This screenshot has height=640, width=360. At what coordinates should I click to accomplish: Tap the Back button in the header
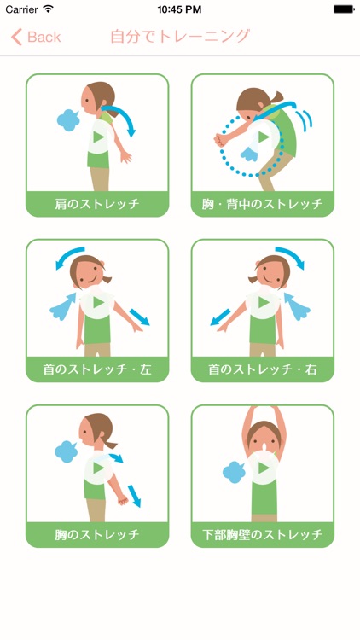[36, 37]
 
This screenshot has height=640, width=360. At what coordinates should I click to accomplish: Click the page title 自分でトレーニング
[180, 37]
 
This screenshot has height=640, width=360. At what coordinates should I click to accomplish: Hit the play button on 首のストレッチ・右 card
[263, 302]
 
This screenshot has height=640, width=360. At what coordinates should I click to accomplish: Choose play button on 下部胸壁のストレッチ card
[263, 468]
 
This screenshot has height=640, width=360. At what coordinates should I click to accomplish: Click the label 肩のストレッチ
[97, 204]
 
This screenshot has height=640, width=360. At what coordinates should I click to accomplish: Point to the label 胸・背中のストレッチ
[263, 204]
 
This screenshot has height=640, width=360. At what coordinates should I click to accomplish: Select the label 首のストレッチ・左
[97, 369]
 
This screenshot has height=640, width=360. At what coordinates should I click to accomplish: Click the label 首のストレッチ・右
[263, 369]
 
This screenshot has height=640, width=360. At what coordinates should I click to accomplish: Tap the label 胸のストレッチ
[97, 535]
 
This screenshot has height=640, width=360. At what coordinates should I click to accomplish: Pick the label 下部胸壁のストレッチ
[263, 535]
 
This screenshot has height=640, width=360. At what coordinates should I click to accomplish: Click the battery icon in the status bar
[344, 9]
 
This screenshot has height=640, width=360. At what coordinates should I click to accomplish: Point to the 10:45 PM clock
[179, 9]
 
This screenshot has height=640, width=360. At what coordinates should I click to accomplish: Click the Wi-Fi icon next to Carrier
[48, 9]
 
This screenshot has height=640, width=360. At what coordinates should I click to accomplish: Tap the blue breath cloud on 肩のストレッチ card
[68, 120]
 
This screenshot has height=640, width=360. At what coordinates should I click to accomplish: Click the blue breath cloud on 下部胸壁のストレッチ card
[234, 472]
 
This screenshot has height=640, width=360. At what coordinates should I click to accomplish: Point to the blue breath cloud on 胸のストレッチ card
[67, 451]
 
